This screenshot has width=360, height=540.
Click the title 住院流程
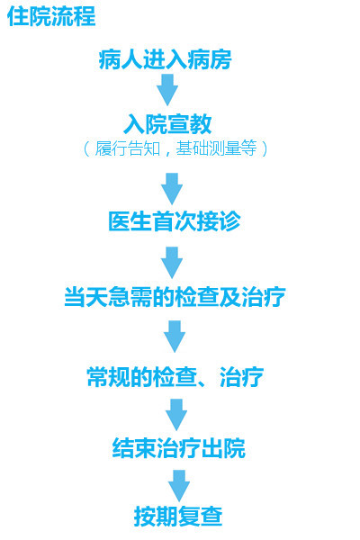click(x=51, y=16)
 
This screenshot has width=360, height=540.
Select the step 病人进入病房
click(x=165, y=59)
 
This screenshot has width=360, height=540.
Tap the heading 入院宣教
click(x=167, y=124)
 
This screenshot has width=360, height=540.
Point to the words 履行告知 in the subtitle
click(x=128, y=148)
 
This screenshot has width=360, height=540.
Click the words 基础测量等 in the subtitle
click(x=216, y=148)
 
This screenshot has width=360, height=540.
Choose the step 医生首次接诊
click(x=174, y=221)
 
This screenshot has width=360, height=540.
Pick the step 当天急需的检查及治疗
click(x=175, y=296)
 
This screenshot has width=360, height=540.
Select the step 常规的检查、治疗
click(x=175, y=377)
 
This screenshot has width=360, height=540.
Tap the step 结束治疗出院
click(x=178, y=447)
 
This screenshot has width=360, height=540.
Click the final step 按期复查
click(x=178, y=517)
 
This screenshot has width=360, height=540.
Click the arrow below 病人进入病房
click(x=167, y=90)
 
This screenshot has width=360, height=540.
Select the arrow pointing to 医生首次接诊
click(x=172, y=189)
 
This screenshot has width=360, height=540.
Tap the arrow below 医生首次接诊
click(x=172, y=263)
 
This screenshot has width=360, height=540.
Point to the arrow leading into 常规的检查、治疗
click(x=175, y=337)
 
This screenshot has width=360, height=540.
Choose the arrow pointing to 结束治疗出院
click(x=176, y=415)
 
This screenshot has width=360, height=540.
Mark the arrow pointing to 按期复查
click(x=179, y=486)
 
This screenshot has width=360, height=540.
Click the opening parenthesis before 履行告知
click(x=86, y=148)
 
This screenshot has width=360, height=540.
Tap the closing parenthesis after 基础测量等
click(x=265, y=148)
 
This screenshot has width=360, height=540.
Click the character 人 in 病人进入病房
click(x=131, y=59)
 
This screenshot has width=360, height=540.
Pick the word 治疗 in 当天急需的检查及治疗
click(x=264, y=296)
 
